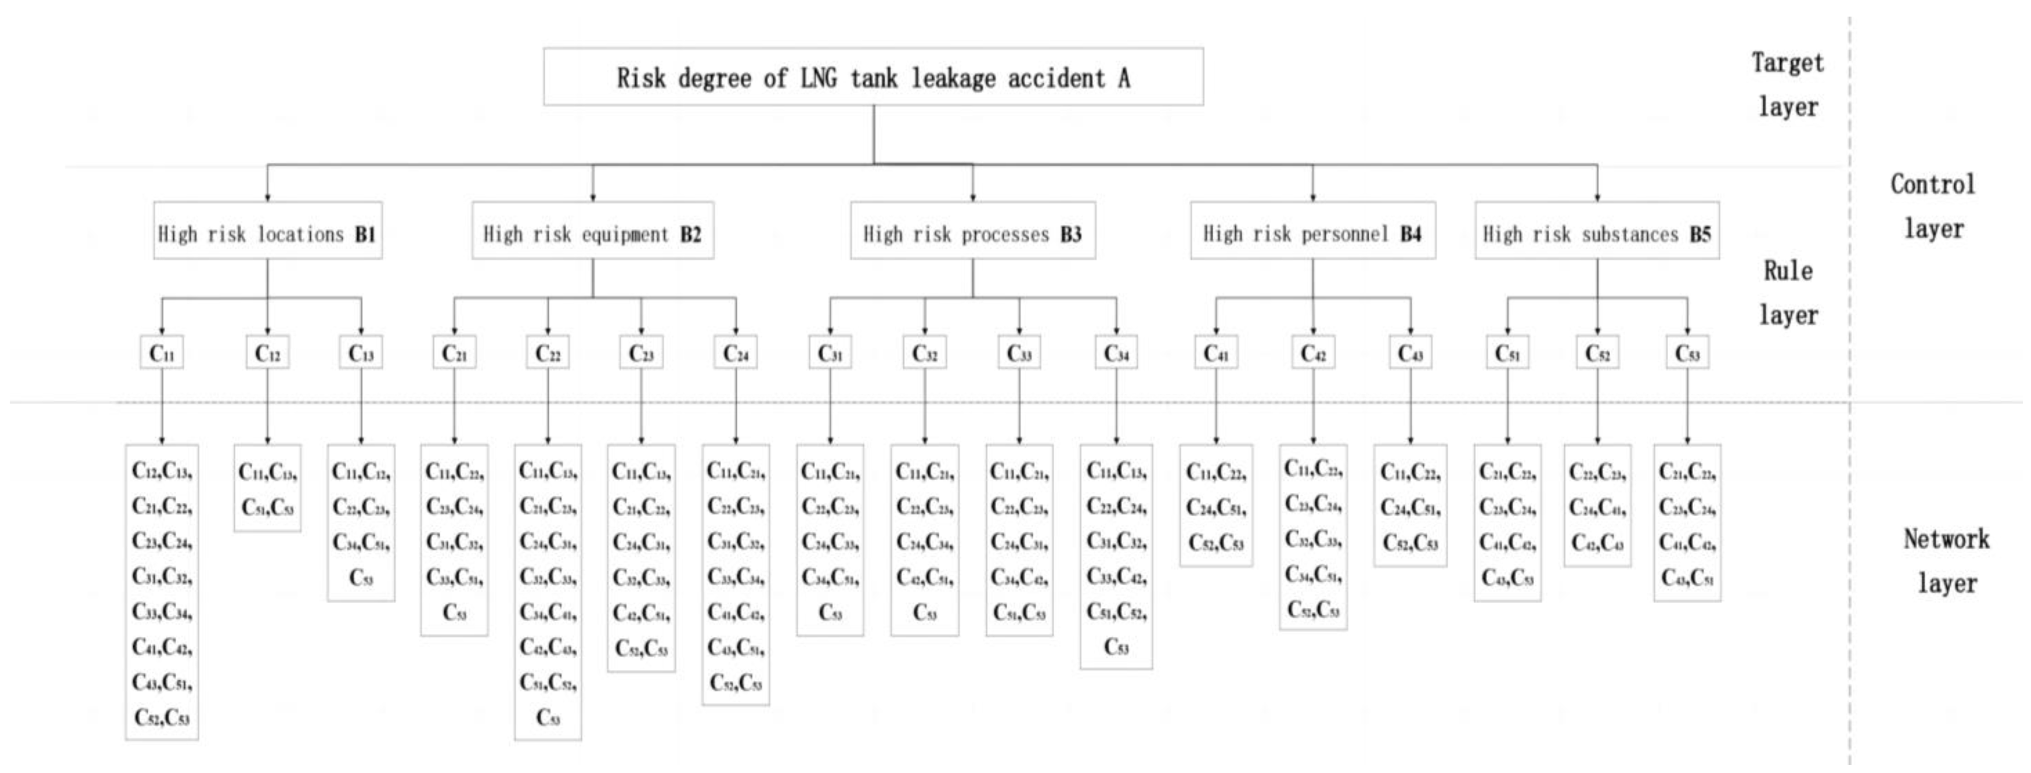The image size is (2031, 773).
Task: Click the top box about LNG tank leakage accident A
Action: [873, 77]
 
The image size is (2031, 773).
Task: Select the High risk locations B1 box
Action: [267, 233]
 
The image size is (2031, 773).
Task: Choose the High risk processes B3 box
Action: [972, 233]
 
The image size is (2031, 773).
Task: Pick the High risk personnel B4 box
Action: [1313, 233]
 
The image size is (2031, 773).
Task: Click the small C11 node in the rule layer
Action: [162, 354]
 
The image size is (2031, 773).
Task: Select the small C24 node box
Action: [736, 354]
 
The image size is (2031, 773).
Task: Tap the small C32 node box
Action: [925, 354]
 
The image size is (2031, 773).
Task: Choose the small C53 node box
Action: [1687, 354]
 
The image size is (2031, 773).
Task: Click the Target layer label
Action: [1787, 84]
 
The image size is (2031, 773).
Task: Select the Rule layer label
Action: [1787, 292]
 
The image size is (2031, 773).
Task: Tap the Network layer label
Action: [1946, 561]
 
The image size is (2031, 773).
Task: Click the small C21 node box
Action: [454, 354]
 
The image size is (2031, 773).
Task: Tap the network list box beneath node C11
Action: [162, 593]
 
